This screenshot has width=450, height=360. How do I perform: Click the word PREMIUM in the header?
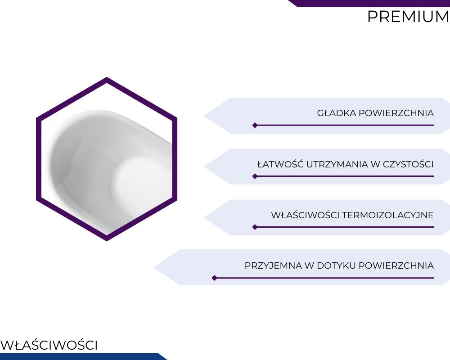409,17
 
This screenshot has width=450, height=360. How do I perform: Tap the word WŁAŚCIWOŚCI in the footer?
49,345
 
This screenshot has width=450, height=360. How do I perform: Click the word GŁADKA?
336,113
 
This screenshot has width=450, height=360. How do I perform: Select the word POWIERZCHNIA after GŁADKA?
396,113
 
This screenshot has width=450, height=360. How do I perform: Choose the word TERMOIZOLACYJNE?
388,215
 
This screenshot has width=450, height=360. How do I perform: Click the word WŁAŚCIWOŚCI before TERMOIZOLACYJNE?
305,215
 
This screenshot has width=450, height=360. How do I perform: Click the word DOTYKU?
336,265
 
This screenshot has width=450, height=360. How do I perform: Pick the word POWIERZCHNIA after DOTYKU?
396,265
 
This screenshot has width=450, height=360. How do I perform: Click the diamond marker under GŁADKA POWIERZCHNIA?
255,125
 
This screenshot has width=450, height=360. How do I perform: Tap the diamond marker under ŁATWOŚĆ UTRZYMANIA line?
255,176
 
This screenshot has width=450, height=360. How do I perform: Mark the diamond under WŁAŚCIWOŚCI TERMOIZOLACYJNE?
255,227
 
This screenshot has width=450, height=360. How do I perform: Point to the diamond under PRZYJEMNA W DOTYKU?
214,278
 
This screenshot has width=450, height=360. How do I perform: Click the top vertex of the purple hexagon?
107,77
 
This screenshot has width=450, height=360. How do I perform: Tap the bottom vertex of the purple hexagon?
107,241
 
